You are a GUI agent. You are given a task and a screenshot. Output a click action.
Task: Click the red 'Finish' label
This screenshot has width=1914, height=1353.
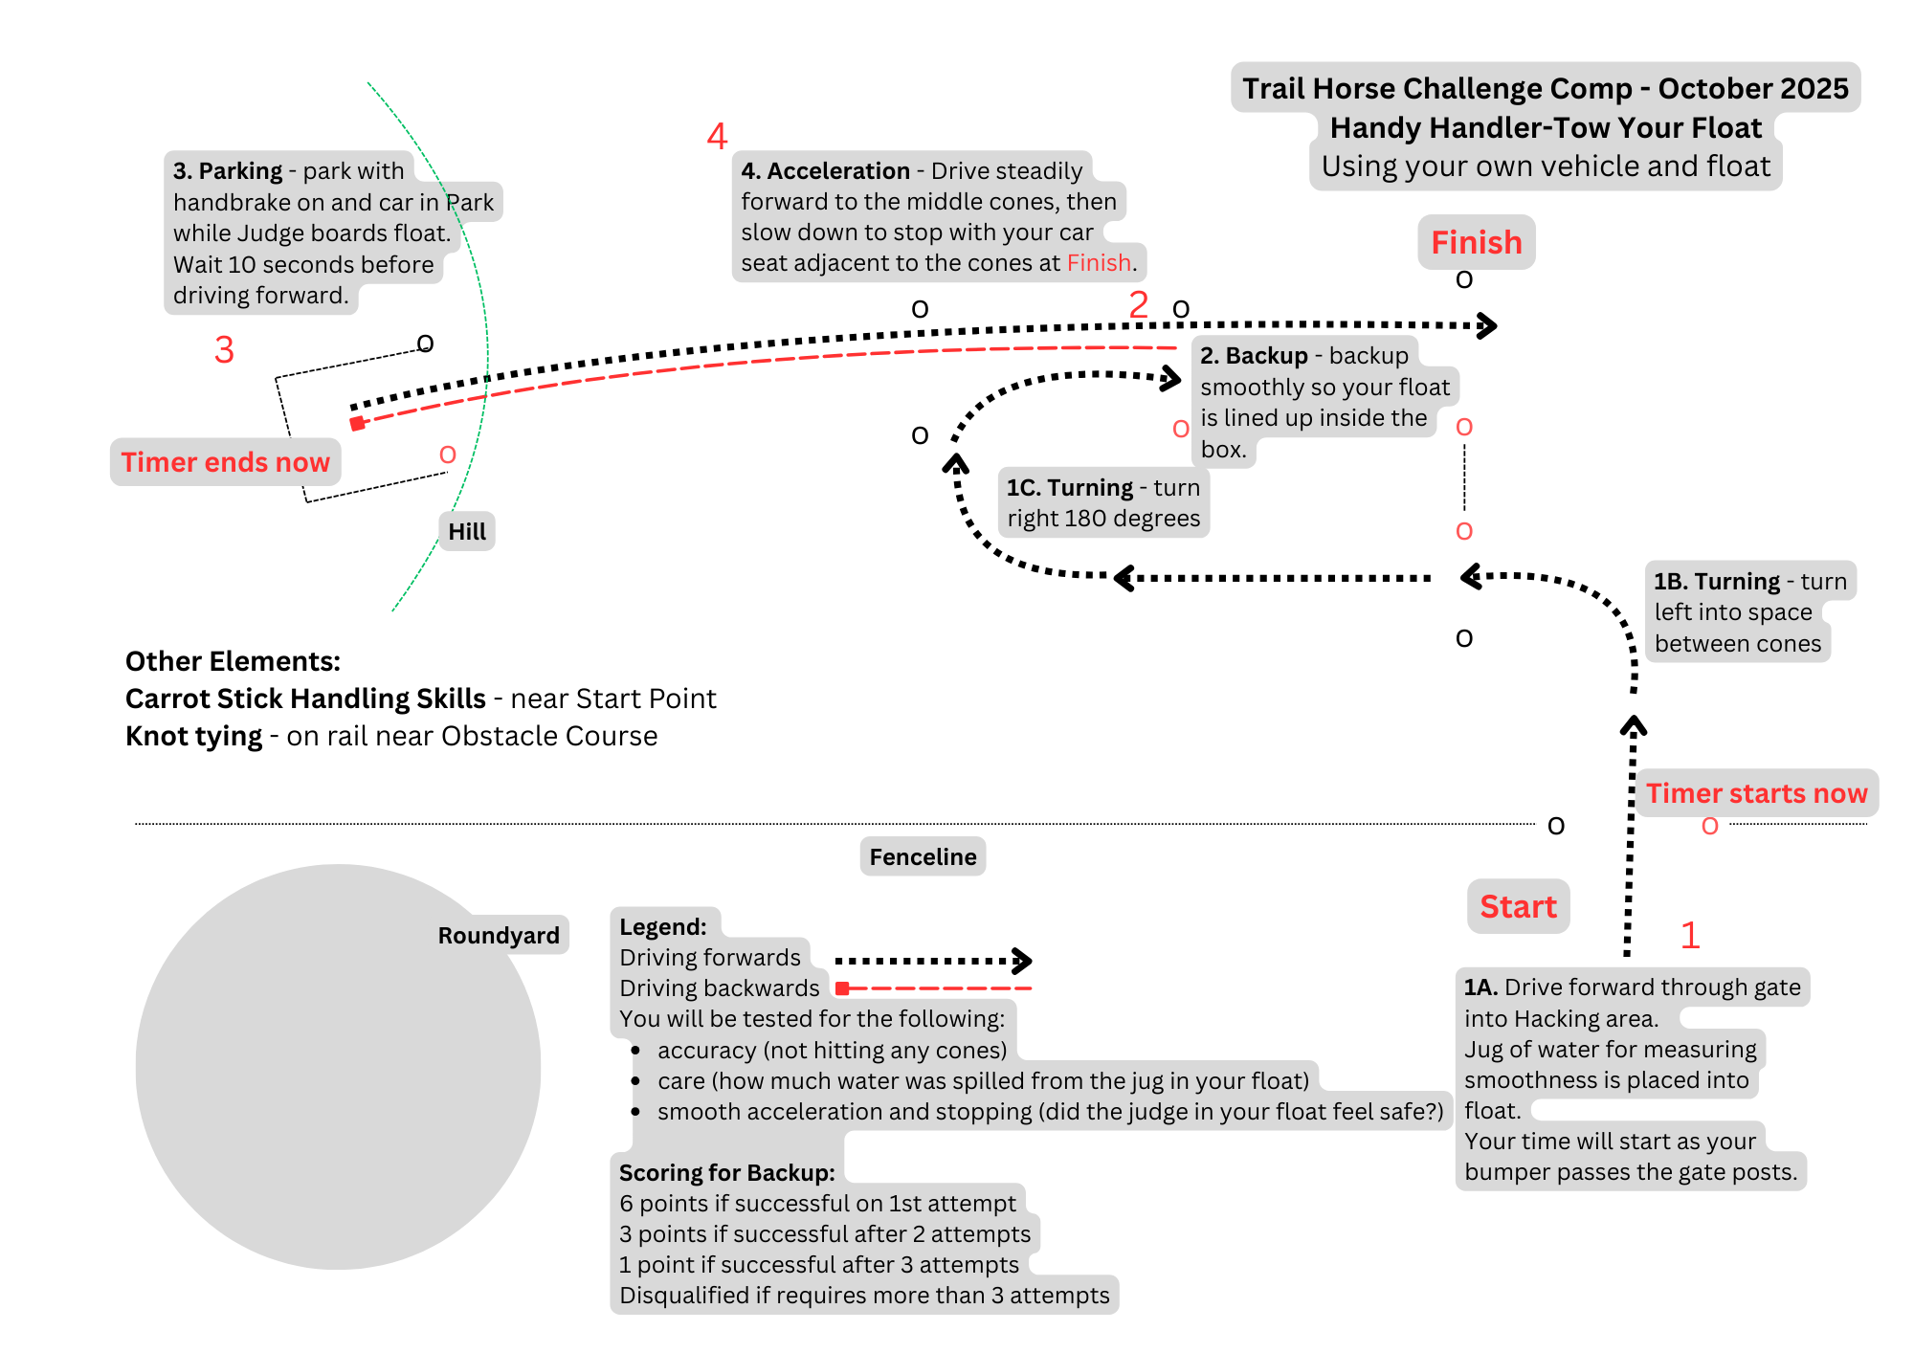click(1476, 242)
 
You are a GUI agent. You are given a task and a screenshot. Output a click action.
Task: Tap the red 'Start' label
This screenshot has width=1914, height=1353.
click(1518, 906)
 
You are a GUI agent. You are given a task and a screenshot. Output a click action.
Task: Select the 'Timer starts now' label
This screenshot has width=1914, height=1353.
click(1756, 793)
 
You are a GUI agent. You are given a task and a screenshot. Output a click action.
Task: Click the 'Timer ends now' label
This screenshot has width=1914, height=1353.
click(225, 462)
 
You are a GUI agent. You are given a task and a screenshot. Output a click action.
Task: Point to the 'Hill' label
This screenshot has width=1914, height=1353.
click(467, 531)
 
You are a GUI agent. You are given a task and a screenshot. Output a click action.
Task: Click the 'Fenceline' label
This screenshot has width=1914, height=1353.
click(923, 856)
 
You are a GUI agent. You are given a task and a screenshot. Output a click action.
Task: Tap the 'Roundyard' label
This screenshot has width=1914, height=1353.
click(499, 935)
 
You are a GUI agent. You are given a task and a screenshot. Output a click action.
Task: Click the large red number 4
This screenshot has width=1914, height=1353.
click(717, 136)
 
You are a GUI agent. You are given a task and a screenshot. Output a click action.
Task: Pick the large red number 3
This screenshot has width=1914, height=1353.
click(224, 350)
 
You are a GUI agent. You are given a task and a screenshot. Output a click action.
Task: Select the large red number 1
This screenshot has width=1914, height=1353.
click(1690, 935)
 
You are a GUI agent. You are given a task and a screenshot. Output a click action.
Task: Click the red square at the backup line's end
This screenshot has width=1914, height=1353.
click(357, 424)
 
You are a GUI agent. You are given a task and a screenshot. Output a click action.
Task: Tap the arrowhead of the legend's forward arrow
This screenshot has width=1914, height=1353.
click(1023, 960)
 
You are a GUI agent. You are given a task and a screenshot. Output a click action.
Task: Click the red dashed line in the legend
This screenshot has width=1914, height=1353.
click(938, 988)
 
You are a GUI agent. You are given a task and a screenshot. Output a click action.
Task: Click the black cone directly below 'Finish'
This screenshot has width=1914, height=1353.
click(1464, 279)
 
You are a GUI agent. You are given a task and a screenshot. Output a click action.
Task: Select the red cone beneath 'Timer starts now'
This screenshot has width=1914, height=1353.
click(1710, 826)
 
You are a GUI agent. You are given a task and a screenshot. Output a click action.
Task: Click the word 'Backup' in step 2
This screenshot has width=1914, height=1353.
click(1266, 356)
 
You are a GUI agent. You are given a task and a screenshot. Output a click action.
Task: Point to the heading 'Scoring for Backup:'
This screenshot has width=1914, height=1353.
click(726, 1172)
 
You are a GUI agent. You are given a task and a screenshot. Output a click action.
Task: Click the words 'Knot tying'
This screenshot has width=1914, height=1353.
click(193, 736)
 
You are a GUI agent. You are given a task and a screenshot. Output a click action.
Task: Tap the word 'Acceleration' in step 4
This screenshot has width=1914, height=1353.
click(838, 171)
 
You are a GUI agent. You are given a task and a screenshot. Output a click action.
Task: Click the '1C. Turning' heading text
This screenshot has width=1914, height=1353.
click(1070, 488)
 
